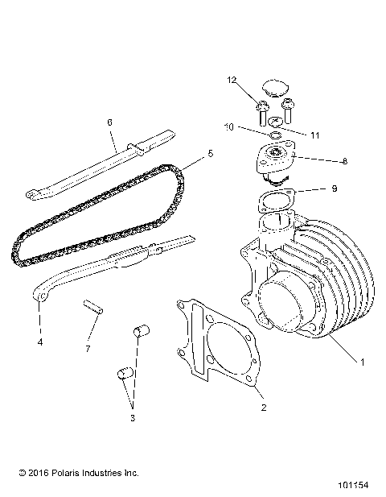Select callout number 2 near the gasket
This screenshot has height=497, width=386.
263,408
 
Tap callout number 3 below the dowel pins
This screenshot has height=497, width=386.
133,418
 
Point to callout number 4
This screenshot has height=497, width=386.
39,342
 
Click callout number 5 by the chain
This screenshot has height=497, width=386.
211,151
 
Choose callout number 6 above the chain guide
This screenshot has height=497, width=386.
109,122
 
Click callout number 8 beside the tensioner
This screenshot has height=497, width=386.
344,162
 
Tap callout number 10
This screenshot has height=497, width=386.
228,127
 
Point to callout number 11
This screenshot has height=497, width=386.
314,135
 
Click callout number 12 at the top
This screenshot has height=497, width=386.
232,80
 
